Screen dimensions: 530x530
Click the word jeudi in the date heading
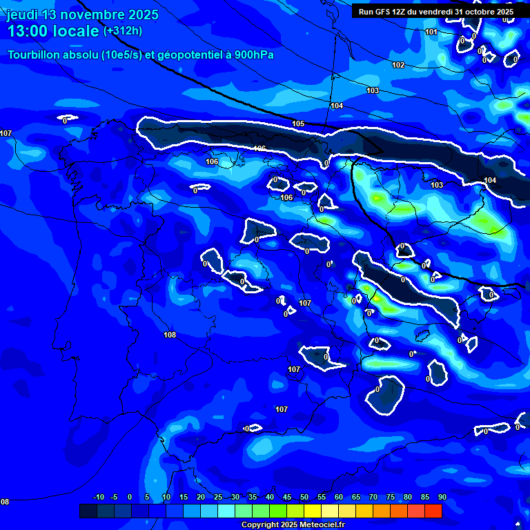tap(23, 14)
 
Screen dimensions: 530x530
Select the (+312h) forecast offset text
tap(123, 31)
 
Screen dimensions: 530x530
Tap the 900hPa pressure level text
tap(252, 55)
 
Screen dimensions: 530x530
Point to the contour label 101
tap(431, 32)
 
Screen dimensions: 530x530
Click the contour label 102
tap(398, 65)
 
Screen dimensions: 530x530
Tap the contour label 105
tap(298, 124)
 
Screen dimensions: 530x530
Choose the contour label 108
tap(170, 335)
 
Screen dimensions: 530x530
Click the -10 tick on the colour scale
tap(98, 497)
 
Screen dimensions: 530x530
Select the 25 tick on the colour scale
tap(218, 497)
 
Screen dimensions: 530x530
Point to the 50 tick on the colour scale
tap(304, 497)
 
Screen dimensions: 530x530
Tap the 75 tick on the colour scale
tap(391, 497)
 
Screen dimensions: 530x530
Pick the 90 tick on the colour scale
tap(442, 497)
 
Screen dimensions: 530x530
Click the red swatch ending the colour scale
tap(433, 511)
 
